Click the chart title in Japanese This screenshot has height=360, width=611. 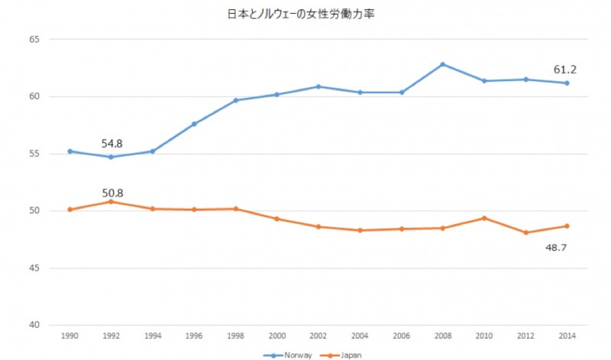pyautogui.click(x=305, y=14)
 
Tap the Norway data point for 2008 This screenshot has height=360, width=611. pyautogui.click(x=443, y=64)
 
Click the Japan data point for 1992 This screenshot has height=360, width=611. pyautogui.click(x=112, y=202)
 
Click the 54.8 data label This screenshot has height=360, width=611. pyautogui.click(x=112, y=143)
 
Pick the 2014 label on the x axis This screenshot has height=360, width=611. pyautogui.click(x=567, y=336)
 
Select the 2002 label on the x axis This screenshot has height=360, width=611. pyautogui.click(x=318, y=336)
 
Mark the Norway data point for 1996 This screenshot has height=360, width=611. pyautogui.click(x=194, y=124)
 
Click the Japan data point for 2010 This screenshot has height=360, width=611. pyautogui.click(x=484, y=218)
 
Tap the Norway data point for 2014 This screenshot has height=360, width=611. pyautogui.click(x=567, y=83)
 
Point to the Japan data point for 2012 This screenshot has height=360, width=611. pyautogui.click(x=525, y=232)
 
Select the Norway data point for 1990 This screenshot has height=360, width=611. pyautogui.click(x=70, y=151)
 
